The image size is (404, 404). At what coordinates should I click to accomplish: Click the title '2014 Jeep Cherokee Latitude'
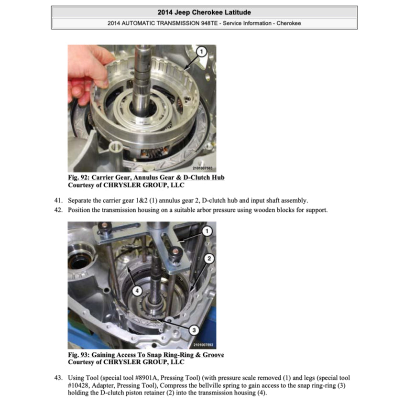tap(204, 12)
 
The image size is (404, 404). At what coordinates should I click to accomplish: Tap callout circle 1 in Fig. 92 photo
tap(201, 52)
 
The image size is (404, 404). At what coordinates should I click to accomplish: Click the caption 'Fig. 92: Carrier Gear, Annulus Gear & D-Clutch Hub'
tap(146, 178)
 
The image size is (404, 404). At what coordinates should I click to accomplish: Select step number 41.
tap(59, 200)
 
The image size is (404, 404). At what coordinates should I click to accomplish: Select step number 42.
tap(59, 210)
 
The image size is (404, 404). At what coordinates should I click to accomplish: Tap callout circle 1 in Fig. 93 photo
tap(207, 231)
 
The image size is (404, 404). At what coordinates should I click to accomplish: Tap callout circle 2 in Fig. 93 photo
tap(208, 259)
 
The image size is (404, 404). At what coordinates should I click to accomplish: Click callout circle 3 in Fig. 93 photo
tap(194, 329)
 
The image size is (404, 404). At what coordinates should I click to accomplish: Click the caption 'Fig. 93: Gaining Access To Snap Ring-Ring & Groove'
tap(146, 355)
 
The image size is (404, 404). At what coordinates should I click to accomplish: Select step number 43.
tap(59, 377)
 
